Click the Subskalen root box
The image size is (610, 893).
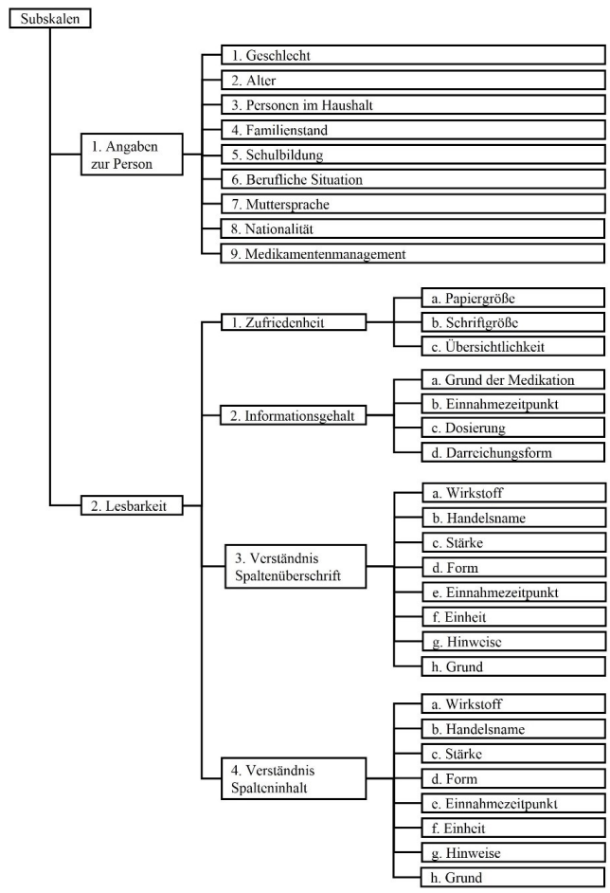49,18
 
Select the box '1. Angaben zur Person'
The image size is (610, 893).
131,155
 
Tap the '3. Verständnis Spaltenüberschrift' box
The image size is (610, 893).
295,565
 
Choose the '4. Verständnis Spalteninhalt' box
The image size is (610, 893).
295,778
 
